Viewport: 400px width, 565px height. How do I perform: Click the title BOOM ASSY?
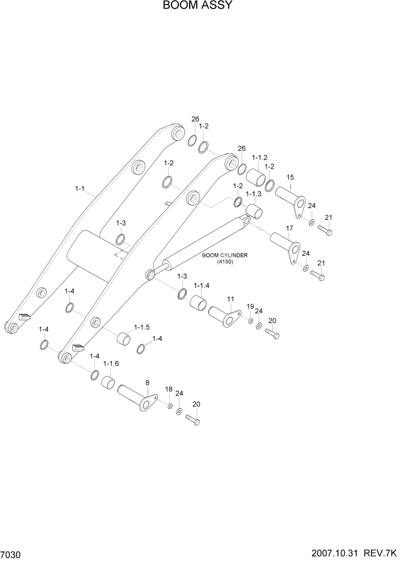tap(197, 6)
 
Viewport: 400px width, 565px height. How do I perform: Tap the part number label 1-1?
tap(79, 187)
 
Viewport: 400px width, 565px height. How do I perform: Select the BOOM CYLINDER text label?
tap(225, 256)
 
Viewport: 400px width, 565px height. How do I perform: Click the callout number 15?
tap(289, 178)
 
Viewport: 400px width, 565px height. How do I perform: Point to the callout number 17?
tap(289, 228)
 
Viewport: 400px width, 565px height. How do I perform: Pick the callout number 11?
tap(231, 298)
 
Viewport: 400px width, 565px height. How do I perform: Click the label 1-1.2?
tap(259, 157)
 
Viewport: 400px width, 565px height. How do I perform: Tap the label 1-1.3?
tap(253, 194)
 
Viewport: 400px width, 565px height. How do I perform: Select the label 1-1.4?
tap(202, 285)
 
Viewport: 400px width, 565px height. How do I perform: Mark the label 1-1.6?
tap(111, 363)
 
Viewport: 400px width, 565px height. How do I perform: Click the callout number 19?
tap(250, 307)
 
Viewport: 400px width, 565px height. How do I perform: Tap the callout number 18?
tap(169, 389)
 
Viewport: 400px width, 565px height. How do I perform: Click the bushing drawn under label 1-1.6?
tap(108, 380)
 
